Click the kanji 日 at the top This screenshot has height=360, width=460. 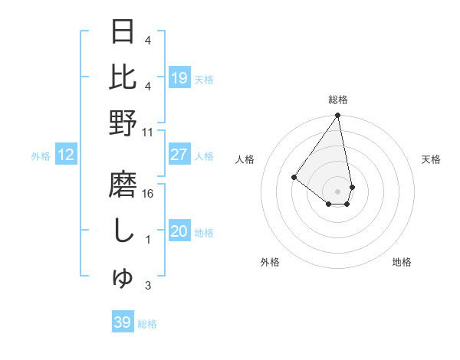tap(123, 33)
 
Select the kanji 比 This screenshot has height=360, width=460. tap(123, 77)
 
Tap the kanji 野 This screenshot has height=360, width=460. tap(123, 123)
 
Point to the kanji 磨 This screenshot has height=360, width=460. tap(123, 185)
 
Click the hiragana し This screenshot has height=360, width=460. tap(123, 231)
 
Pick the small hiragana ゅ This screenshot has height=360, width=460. tap(123, 278)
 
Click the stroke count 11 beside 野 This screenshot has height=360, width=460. tap(148, 132)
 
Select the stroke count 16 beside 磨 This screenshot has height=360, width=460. tap(148, 194)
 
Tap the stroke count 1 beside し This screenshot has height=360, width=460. tap(148, 240)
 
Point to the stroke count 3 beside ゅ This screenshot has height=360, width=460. tap(148, 286)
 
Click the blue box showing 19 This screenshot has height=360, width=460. tap(179, 77)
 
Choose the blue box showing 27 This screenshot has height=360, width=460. tap(179, 155)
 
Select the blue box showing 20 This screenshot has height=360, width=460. tap(179, 231)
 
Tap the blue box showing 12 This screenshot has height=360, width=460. tap(65, 155)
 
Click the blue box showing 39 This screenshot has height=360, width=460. tap(122, 322)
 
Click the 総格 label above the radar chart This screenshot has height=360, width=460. tap(338, 100)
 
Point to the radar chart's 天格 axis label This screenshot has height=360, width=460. tap(431, 159)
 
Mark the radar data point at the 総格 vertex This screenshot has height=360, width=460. tap(338, 116)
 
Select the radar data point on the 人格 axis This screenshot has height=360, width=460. tap(294, 177)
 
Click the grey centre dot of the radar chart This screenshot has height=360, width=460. tap(338, 191)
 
